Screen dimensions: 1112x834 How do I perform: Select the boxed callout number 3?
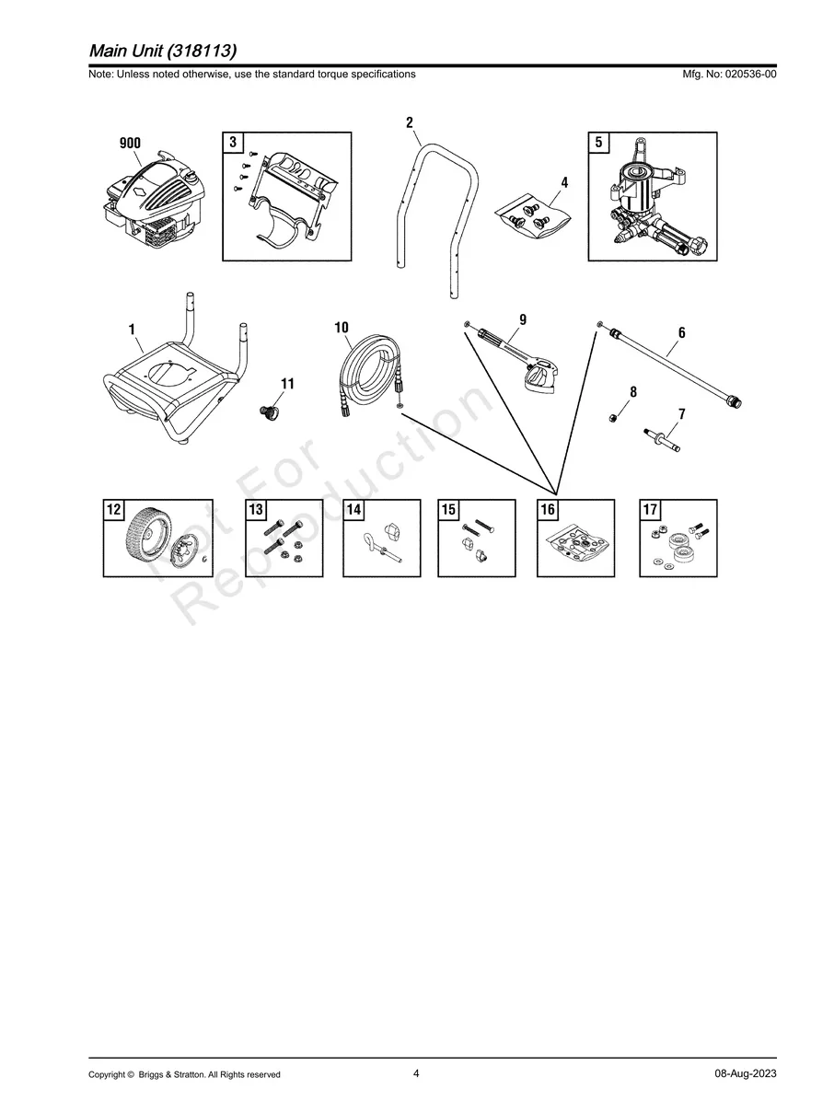point(233,142)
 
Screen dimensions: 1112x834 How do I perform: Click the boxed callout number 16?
point(548,509)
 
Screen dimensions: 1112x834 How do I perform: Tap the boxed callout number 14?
point(353,509)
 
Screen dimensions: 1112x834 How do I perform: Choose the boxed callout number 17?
point(650,509)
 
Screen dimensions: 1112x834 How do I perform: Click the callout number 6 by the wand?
point(681,332)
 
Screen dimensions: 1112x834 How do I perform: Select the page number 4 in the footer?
point(416,1073)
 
